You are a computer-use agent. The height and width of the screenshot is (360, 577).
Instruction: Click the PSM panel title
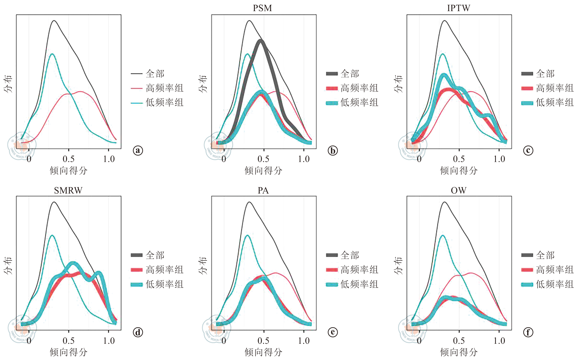point(262,8)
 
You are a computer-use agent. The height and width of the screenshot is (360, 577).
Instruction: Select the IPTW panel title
point(458,8)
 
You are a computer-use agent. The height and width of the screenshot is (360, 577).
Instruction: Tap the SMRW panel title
point(68,190)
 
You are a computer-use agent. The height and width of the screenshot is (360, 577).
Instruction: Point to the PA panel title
point(263,190)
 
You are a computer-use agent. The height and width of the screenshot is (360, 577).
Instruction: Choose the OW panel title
point(459,190)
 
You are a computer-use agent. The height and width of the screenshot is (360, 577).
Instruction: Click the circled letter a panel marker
point(138,150)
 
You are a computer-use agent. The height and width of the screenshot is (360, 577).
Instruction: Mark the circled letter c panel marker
point(528,150)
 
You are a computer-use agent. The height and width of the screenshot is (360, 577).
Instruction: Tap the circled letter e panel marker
point(333,332)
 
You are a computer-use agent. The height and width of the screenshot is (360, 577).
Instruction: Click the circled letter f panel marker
point(528,332)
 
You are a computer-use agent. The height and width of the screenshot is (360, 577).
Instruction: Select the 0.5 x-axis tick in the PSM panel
point(264,159)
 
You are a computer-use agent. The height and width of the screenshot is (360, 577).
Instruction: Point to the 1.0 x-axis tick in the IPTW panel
point(499,159)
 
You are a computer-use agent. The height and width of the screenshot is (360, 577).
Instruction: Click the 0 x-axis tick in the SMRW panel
point(29,341)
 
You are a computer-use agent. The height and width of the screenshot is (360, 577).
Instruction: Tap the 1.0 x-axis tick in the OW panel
point(499,341)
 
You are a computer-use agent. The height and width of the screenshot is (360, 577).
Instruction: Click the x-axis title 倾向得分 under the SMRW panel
point(69,352)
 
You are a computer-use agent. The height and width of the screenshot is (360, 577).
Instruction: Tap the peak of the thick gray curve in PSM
point(261,41)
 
